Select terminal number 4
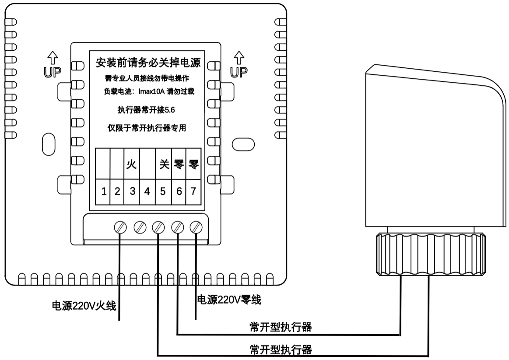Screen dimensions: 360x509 pyautogui.click(x=147, y=191)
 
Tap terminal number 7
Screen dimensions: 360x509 pyautogui.click(x=193, y=191)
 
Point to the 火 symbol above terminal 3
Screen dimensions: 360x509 pyautogui.click(x=132, y=164)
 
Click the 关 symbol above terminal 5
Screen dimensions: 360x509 pyautogui.click(x=164, y=164)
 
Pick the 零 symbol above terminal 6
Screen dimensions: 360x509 pyautogui.click(x=178, y=164)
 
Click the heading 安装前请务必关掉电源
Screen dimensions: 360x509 pyautogui.click(x=148, y=63)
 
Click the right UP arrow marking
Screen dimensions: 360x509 pyautogui.click(x=238, y=65)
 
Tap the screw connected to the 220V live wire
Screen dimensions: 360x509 pyautogui.click(x=120, y=227)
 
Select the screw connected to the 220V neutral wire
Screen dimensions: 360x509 pyautogui.click(x=196, y=227)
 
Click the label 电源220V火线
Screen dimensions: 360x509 pyautogui.click(x=84, y=305)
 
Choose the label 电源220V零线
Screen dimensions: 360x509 pyautogui.click(x=229, y=300)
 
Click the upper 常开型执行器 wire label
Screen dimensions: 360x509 pyautogui.click(x=280, y=327)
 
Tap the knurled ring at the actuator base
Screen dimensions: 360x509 pyautogui.click(x=431, y=254)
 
